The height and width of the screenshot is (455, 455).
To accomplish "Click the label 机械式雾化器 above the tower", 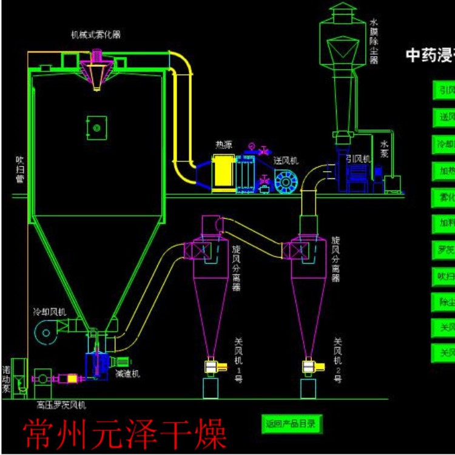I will click(96, 33).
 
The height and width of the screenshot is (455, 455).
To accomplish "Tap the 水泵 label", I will click(385, 149).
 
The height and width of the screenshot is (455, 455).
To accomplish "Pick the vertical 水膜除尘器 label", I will click(374, 41).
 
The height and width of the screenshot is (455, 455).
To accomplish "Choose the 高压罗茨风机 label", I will click(61, 405).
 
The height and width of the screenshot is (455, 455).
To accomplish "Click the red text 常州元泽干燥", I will click(125, 434).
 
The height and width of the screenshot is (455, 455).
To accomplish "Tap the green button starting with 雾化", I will click(443, 197).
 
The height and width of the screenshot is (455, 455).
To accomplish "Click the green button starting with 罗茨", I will click(443, 249).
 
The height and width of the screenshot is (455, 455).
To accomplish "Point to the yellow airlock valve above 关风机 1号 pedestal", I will click(211, 366).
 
